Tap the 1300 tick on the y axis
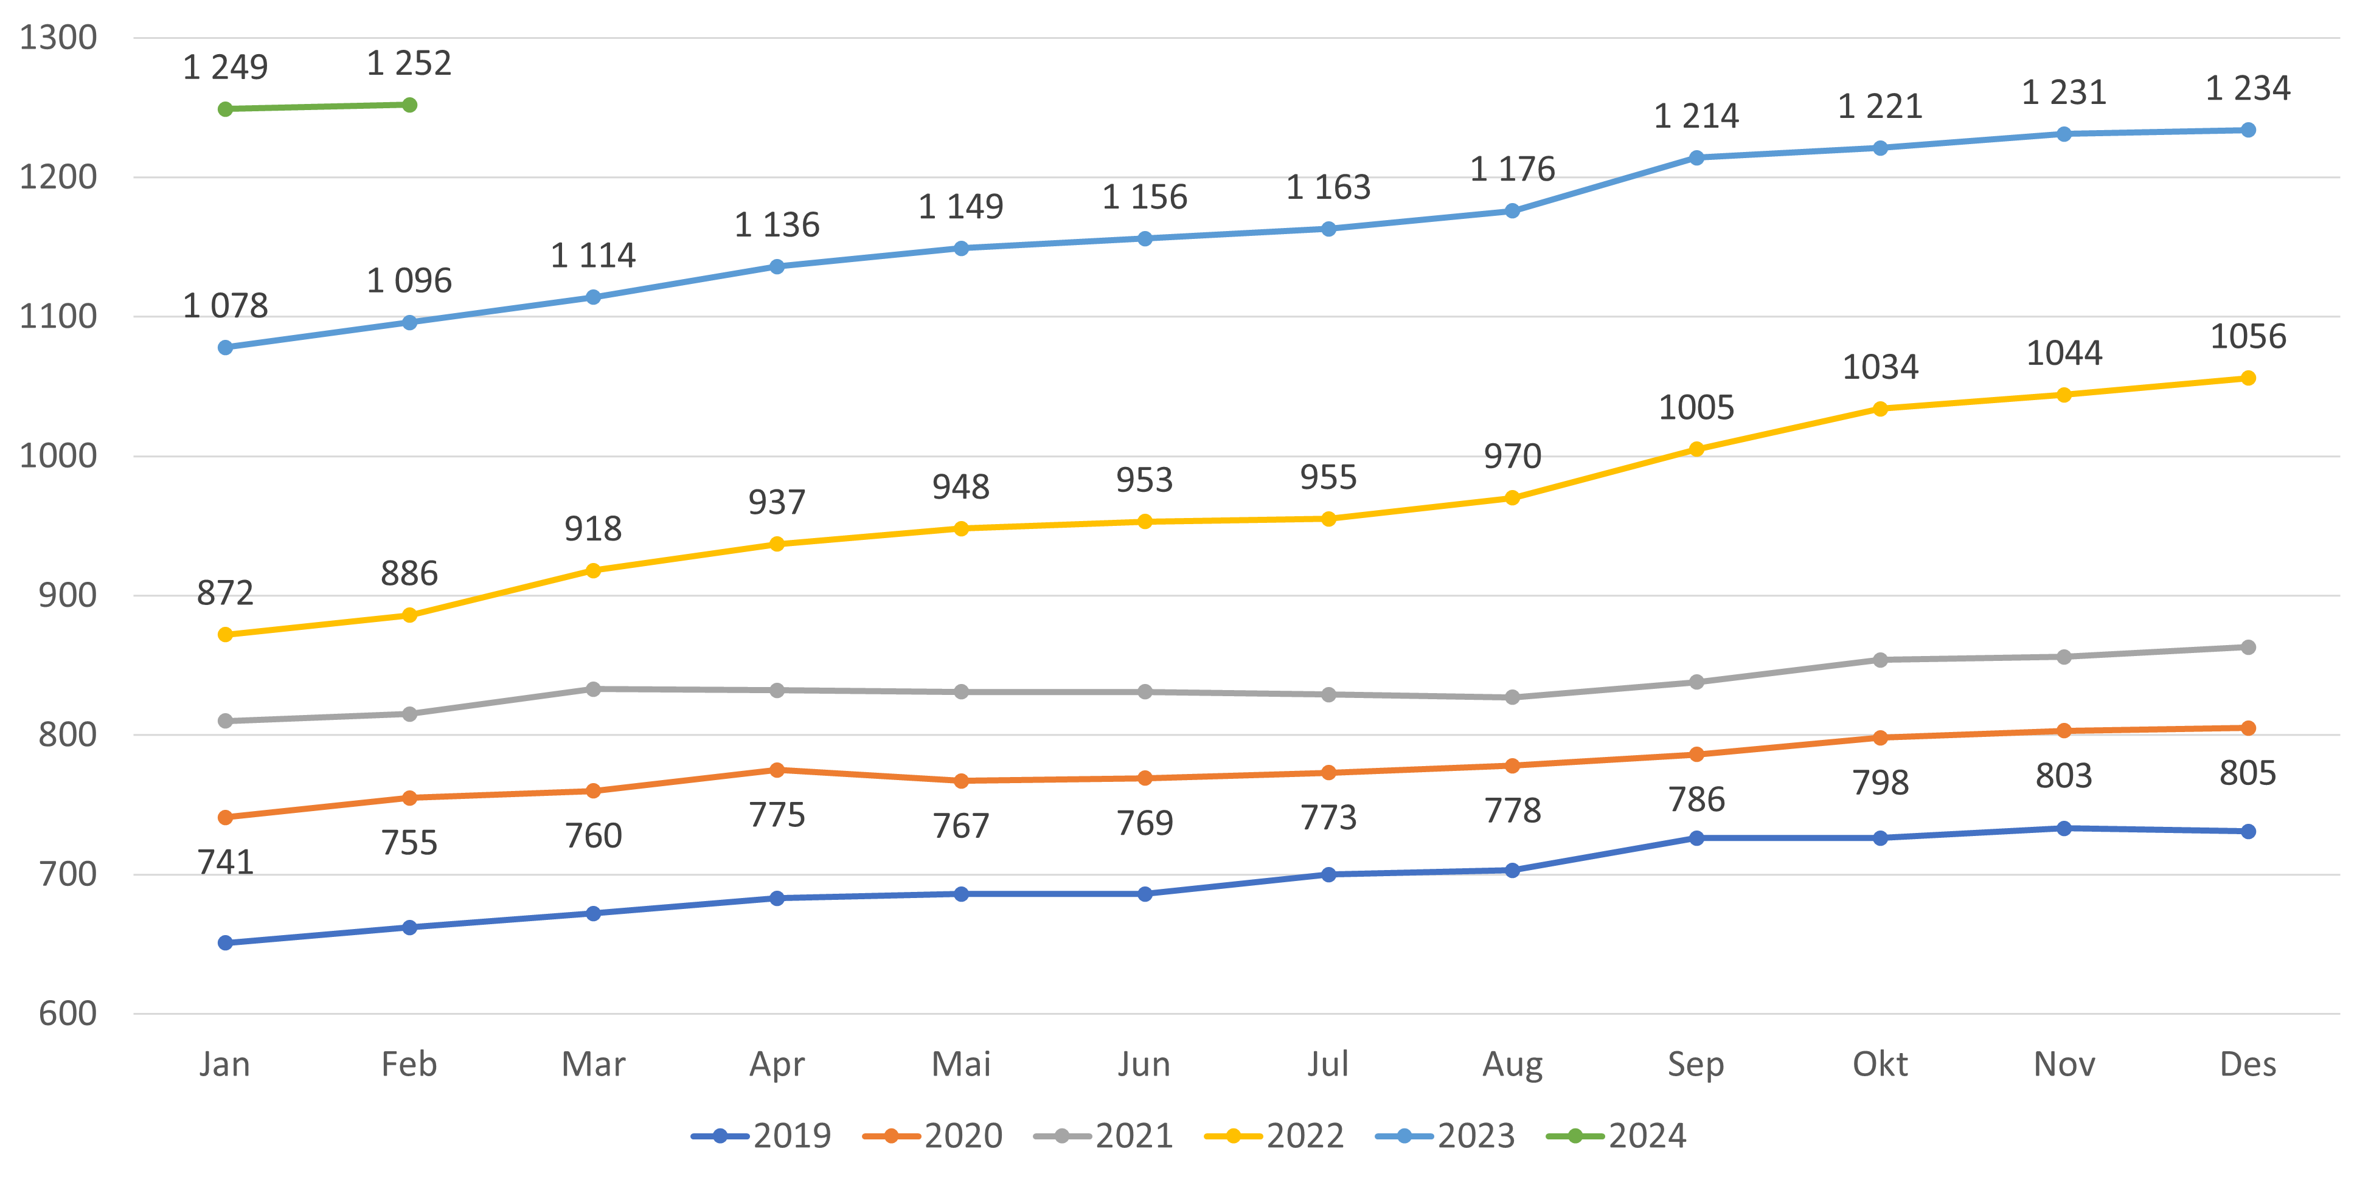pos(58,38)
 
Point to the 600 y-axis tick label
pos(67,1014)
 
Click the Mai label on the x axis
pos(961,1065)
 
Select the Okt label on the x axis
pos(1880,1065)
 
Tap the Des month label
pos(2248,1065)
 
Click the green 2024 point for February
pos(409,105)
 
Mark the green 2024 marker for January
pos(226,109)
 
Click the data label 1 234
pos(2248,88)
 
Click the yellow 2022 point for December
pos(2248,378)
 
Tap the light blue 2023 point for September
pos(1696,158)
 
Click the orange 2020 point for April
pos(777,770)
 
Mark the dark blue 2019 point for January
pos(226,943)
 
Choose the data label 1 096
pos(409,281)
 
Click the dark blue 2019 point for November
pos(2064,829)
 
